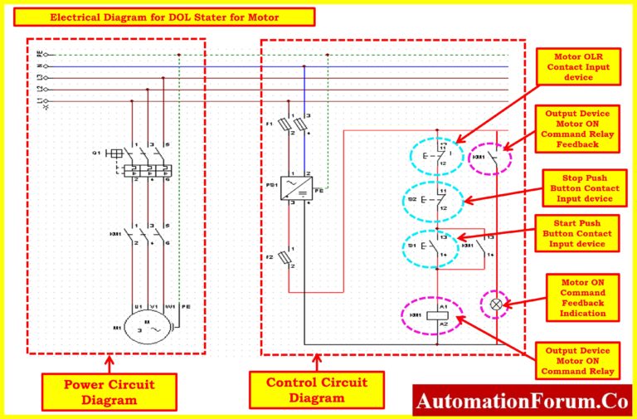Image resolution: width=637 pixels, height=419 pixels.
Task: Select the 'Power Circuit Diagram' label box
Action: (109, 392)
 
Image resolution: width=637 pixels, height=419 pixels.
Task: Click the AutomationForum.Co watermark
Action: (522, 402)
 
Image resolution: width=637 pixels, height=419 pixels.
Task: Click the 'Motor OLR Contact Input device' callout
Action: (576, 66)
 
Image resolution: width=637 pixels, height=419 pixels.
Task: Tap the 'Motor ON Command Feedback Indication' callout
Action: (581, 297)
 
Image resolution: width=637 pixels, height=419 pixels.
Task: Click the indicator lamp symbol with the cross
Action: (496, 304)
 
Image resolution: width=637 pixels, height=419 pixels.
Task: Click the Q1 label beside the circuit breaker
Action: (97, 153)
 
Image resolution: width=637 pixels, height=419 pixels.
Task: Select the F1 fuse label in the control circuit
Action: (270, 124)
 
